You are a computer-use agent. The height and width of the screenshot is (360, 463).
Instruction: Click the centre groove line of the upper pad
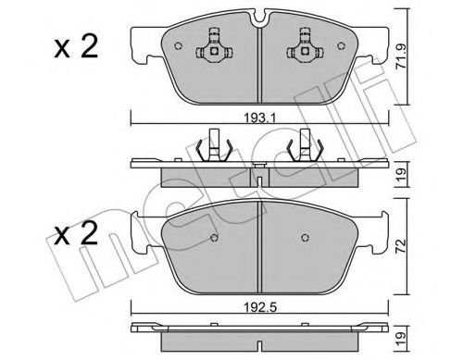(x=257, y=60)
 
